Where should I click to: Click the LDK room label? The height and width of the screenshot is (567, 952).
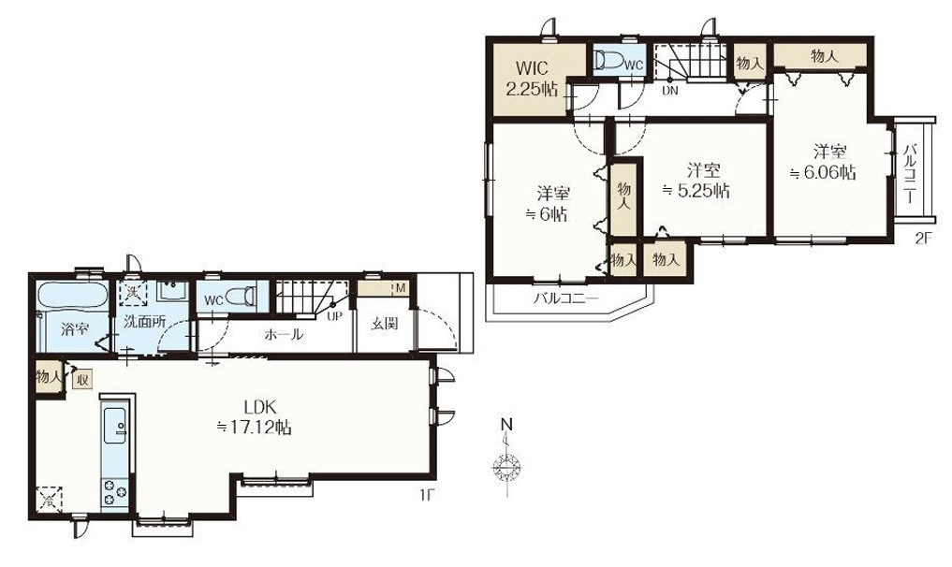(x=255, y=417)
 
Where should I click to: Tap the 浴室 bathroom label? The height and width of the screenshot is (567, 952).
(x=76, y=329)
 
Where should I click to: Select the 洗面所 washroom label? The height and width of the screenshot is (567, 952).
(x=144, y=322)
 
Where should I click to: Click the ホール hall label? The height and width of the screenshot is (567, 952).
(x=284, y=335)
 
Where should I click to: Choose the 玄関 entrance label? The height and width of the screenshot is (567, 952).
(x=385, y=323)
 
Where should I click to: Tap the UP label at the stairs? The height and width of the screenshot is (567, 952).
(x=334, y=315)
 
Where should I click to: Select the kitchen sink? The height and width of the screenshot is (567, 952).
(x=115, y=426)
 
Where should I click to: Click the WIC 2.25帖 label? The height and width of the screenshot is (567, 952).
(x=532, y=78)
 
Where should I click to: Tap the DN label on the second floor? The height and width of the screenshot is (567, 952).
(x=669, y=91)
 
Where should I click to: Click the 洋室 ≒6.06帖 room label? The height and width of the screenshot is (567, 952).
(x=823, y=162)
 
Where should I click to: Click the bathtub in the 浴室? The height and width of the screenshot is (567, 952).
(x=72, y=297)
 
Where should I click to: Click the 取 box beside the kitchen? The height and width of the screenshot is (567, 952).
(x=82, y=381)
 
